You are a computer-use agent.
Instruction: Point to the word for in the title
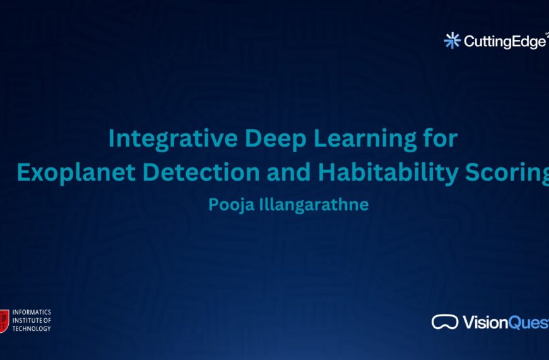tap(439, 139)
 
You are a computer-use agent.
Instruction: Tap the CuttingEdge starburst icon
tap(452, 41)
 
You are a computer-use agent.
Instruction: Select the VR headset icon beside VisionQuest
tap(445, 322)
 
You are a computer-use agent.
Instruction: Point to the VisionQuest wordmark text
tap(505, 322)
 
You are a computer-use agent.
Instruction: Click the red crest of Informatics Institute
tap(4, 320)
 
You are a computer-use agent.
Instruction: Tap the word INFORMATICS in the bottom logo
tap(32, 313)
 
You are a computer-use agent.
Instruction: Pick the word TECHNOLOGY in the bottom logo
tap(32, 328)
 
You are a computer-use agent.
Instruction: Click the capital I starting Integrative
tap(112, 139)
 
